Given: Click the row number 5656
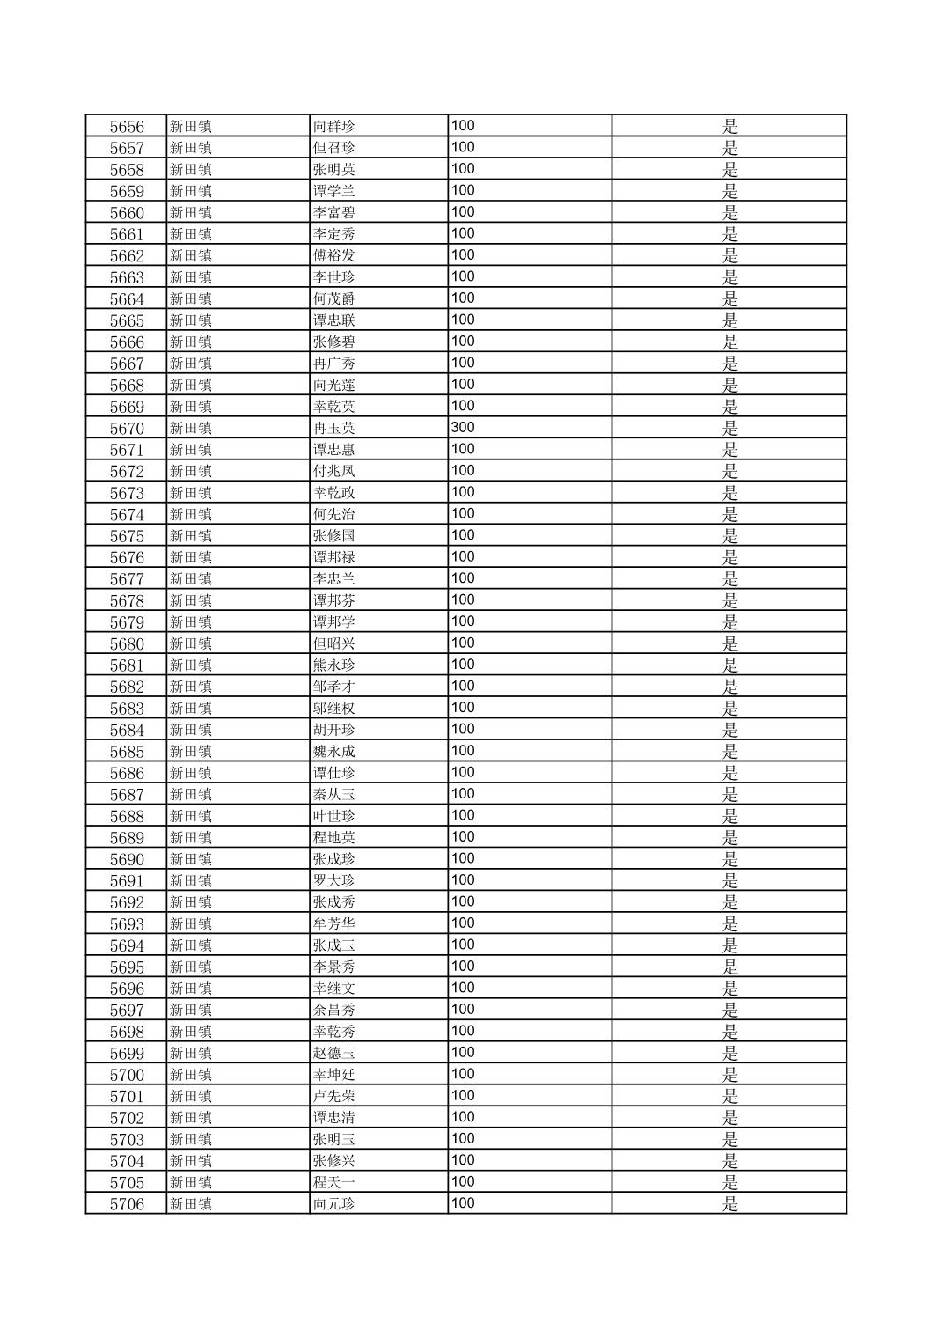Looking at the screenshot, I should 127,127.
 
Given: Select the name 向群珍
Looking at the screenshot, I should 334,127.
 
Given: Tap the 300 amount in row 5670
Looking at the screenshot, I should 463,428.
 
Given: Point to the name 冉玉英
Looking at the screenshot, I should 334,429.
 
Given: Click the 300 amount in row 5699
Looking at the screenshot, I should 463,1053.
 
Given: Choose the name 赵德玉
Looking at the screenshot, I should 334,1054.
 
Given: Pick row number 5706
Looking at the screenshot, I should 127,1204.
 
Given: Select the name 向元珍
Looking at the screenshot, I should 334,1204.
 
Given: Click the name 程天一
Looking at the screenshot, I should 334,1183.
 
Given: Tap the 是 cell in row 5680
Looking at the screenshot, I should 729,644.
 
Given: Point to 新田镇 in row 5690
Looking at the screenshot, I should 191,859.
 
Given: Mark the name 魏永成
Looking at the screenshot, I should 334,752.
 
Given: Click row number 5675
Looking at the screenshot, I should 127,536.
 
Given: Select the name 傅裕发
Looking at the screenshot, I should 334,256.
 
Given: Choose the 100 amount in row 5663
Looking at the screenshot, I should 463,277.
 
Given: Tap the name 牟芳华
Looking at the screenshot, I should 334,924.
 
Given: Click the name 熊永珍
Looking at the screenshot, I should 334,665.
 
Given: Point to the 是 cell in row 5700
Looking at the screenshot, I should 729,1075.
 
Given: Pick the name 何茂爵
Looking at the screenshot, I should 334,299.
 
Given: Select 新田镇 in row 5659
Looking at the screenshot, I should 191,191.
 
